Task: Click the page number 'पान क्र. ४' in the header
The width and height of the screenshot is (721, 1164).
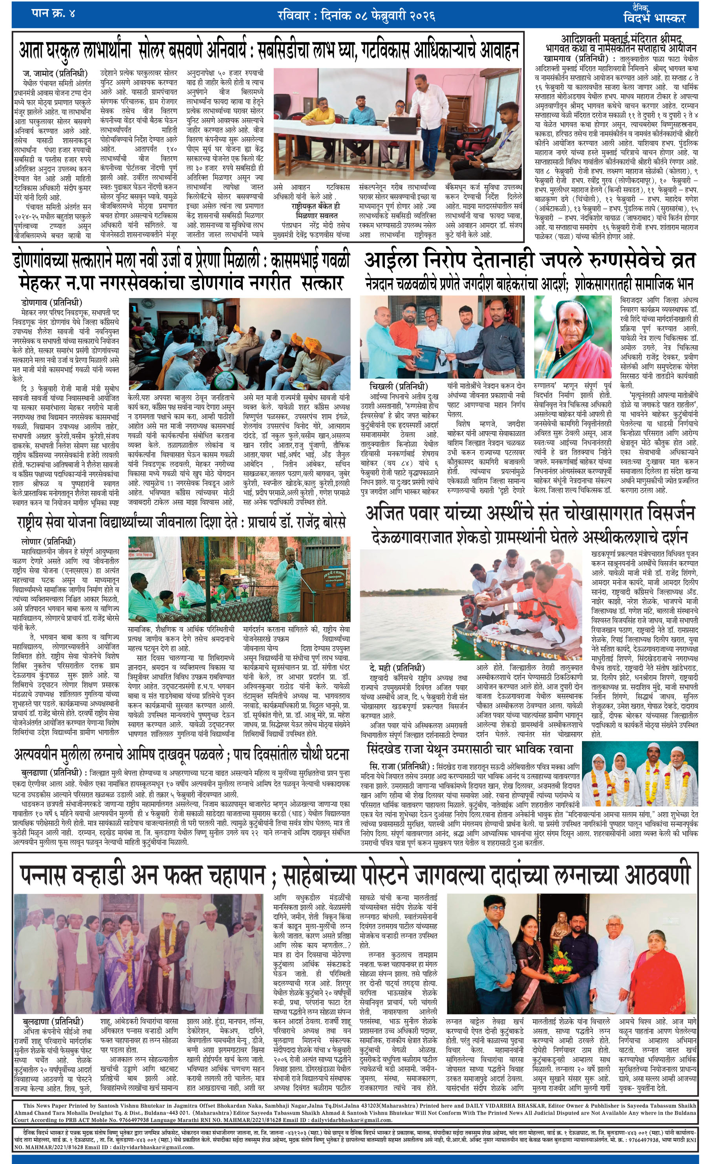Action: [53, 13]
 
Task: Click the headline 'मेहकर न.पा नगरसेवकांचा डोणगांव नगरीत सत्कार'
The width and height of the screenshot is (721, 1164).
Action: [181, 283]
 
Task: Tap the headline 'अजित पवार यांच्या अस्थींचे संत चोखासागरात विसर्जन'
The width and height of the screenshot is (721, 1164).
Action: [529, 514]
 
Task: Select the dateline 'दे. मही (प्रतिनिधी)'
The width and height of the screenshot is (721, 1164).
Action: [396, 668]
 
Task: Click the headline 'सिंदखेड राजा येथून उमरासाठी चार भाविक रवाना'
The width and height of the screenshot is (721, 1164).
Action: [470, 749]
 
